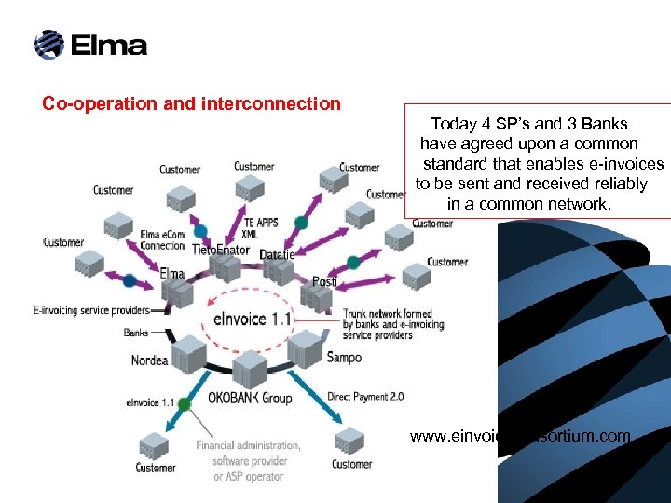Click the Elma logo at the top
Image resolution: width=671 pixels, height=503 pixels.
[x=90, y=45]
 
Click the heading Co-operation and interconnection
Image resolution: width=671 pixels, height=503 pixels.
[x=191, y=103]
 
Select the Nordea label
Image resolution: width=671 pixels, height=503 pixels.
[x=149, y=360]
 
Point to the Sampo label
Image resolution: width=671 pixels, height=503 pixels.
[x=344, y=357]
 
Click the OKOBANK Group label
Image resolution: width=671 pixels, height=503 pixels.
[x=250, y=398]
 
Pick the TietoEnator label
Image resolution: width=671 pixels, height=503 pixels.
[x=221, y=251]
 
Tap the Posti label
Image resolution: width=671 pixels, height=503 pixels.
[x=324, y=281]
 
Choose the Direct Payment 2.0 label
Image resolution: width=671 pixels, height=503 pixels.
[x=365, y=397]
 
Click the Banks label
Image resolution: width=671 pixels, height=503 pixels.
[x=136, y=333]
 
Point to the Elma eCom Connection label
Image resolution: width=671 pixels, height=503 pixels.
[x=162, y=240]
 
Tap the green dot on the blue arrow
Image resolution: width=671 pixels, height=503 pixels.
[x=185, y=403]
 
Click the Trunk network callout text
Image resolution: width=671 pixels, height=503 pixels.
[x=393, y=325]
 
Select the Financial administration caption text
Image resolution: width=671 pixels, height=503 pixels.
[x=248, y=461]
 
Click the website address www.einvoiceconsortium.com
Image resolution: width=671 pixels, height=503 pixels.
[x=520, y=436]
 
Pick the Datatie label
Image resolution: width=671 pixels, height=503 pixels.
[x=277, y=254]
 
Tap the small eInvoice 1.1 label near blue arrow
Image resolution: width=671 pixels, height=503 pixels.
[x=150, y=403]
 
